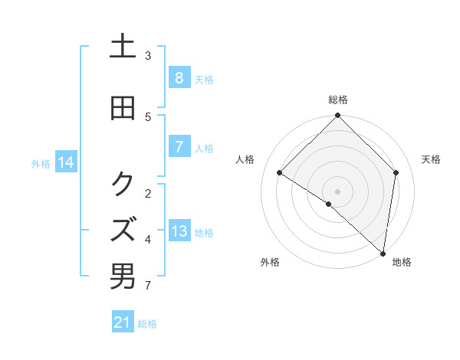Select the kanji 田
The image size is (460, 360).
[123, 109]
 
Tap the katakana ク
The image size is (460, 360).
[123, 184]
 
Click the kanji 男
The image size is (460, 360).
[123, 277]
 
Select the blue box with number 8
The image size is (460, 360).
[179, 78]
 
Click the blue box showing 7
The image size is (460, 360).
[179, 147]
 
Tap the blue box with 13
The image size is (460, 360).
[179, 231]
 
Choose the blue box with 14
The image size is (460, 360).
[65, 162]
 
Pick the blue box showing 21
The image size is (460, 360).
[122, 323]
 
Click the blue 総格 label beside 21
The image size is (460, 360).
[147, 324]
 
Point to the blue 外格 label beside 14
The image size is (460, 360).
[41, 163]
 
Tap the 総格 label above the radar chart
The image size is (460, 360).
[338, 100]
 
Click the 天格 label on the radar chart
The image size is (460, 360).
[431, 159]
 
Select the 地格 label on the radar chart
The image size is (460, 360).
[402, 262]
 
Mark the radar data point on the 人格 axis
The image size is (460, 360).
[280, 172]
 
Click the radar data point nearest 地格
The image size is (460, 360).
[383, 254]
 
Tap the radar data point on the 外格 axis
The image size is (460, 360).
[329, 204]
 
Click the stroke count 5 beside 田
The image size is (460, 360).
[148, 116]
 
